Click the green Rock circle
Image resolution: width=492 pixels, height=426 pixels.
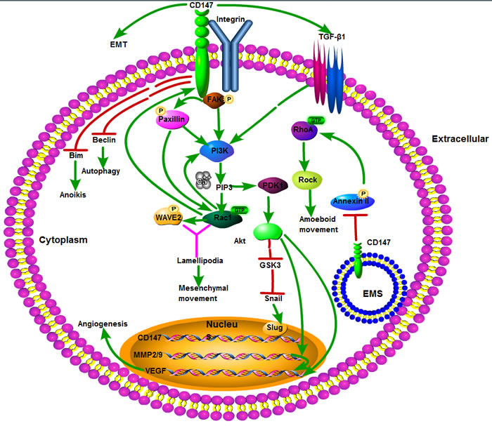pyautogui.click(x=309, y=178)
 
